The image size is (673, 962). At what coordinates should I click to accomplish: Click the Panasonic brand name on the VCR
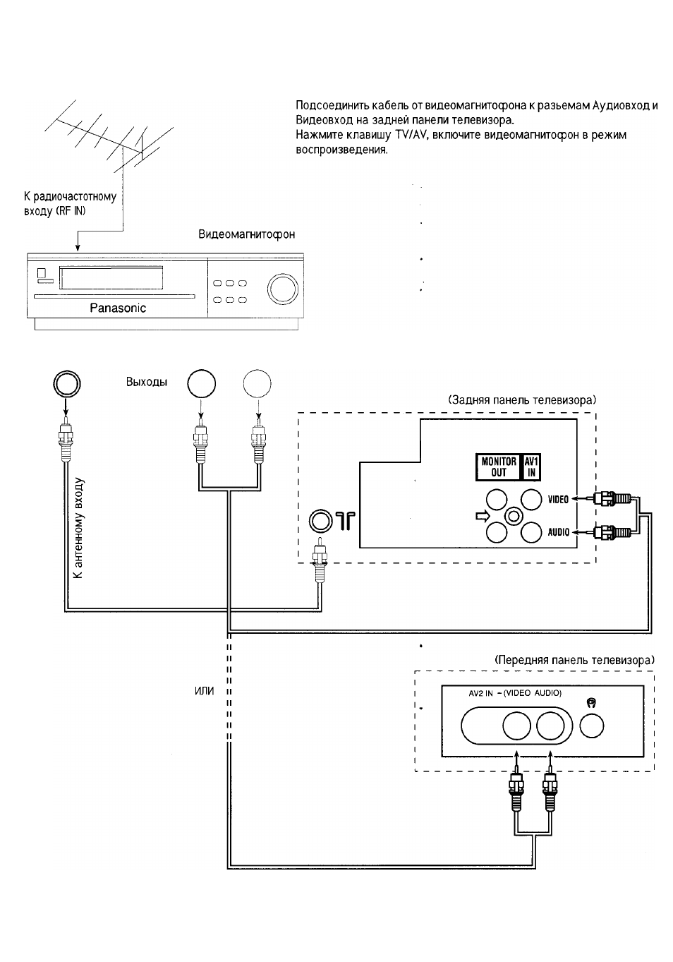[x=118, y=308]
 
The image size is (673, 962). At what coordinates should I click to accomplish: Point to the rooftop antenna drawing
[x=109, y=136]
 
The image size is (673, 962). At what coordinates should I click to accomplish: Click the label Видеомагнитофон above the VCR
[x=246, y=234]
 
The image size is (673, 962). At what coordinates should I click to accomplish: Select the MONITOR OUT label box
[x=498, y=467]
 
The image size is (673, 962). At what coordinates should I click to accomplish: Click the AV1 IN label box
[x=531, y=467]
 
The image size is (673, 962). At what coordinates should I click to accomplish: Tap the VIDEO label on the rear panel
[x=558, y=499]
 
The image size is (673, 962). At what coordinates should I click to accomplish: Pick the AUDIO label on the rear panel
[x=558, y=532]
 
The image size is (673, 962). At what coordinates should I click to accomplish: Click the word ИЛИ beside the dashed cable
[x=205, y=691]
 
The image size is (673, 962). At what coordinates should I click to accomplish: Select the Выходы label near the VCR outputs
[x=146, y=382]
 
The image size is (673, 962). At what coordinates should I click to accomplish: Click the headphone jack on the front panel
[x=591, y=726]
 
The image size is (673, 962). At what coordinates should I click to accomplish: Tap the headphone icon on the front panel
[x=591, y=702]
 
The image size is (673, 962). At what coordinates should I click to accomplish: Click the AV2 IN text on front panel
[x=480, y=693]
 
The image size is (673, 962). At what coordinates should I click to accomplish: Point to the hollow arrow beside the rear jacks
[x=483, y=517]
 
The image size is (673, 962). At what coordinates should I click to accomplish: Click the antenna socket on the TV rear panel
[x=320, y=521]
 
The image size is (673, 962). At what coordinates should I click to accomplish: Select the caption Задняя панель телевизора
[x=522, y=400]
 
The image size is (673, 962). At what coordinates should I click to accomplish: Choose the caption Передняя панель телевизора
[x=575, y=659]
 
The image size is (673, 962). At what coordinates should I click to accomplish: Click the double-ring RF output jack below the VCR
[x=67, y=383]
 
